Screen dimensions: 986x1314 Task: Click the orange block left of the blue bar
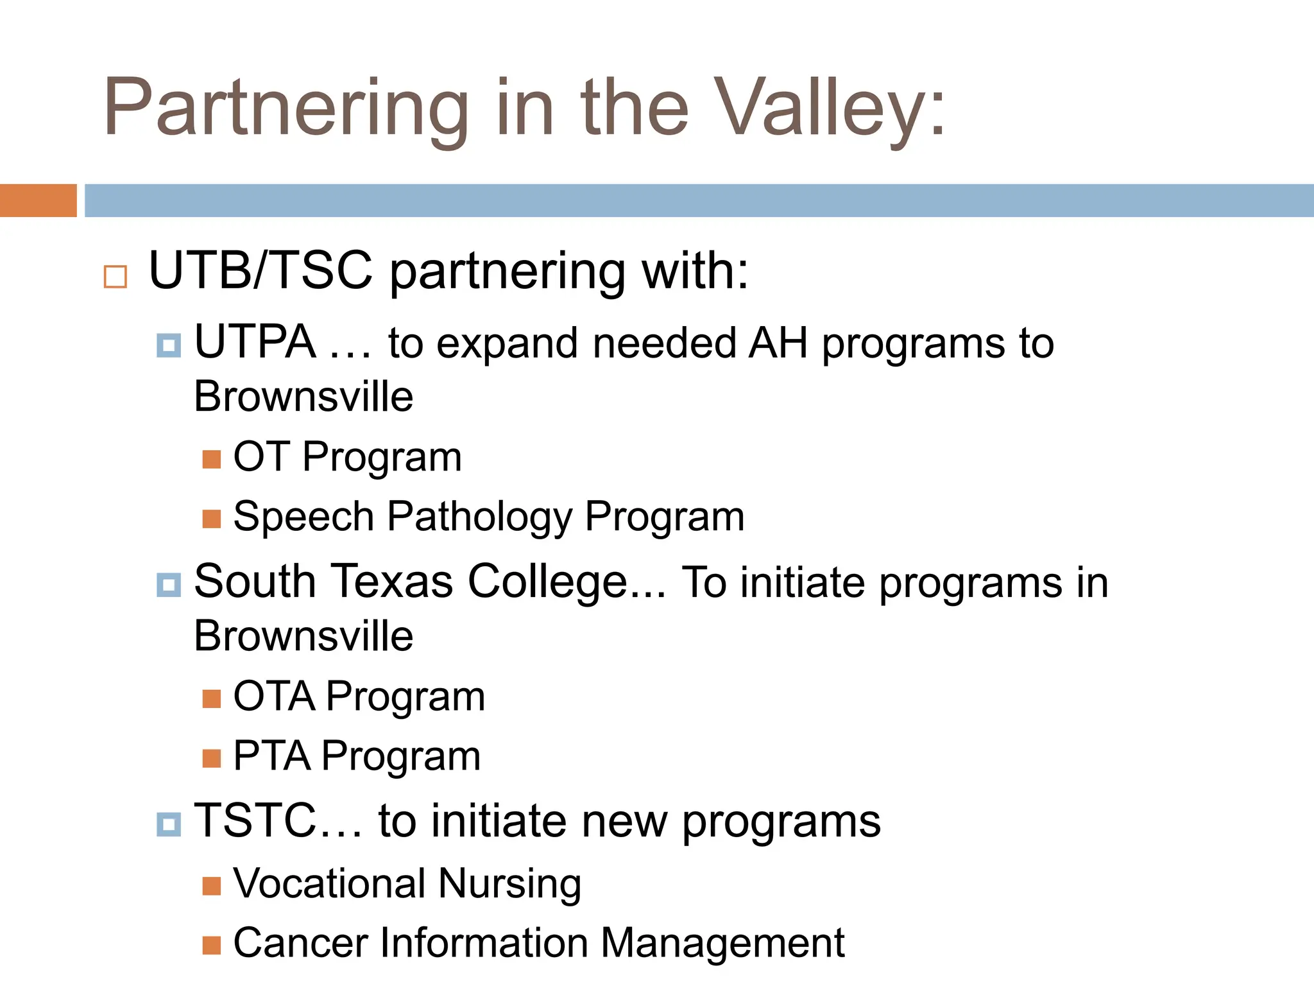38,200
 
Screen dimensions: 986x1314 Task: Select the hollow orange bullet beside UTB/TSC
115,277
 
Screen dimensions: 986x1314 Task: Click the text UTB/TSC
260,271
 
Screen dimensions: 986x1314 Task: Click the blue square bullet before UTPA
169,345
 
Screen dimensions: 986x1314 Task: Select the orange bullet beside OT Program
211,459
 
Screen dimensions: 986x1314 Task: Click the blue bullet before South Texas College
169,585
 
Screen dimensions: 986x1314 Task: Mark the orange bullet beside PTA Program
211,758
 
